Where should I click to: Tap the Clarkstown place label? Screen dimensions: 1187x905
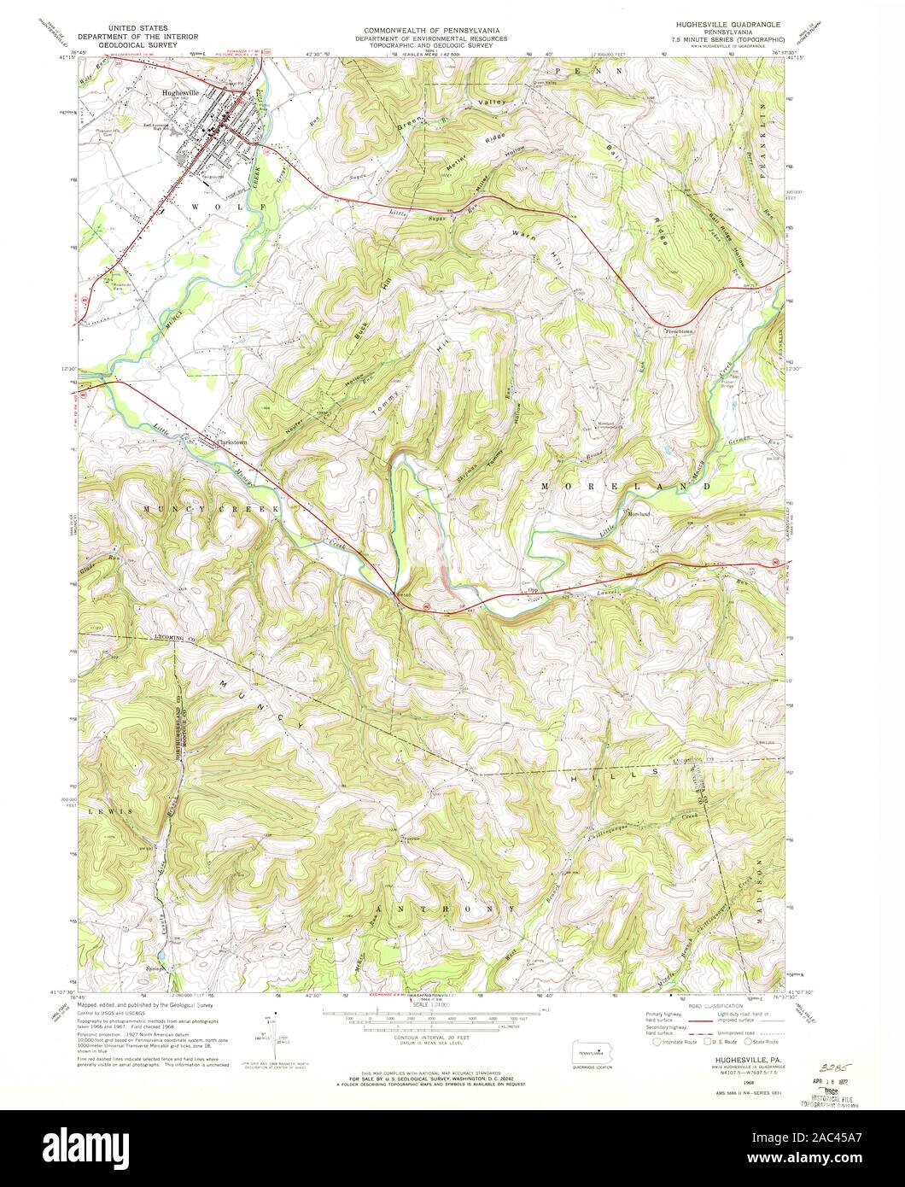231,442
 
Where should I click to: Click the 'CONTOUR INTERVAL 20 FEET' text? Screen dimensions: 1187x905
431,1031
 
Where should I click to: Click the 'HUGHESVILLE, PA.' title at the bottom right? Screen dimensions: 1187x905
734,1058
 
